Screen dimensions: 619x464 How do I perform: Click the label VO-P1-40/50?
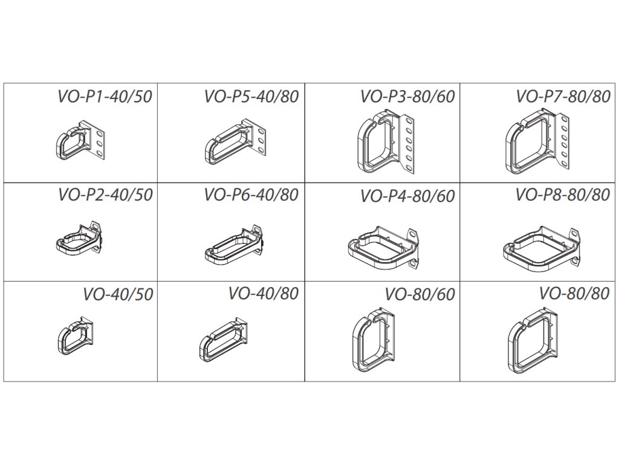pos(105,97)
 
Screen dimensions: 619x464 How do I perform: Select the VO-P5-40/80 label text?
pos(251,97)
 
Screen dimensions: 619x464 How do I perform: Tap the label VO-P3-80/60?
pos(407,97)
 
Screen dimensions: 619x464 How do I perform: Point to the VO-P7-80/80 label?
pos(563,97)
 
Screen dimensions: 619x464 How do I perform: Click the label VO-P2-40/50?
pos(105,195)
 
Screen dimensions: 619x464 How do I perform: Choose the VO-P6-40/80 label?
pos(251,195)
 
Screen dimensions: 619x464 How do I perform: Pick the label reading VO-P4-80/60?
pos(407,196)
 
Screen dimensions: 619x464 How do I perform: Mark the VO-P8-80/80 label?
pos(563,195)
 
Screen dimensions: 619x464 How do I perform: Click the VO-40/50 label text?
pos(118,294)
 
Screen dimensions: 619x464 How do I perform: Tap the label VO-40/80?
pos(264,294)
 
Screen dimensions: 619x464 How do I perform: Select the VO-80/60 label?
pos(420,294)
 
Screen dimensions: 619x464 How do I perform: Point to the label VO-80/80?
pos(575,294)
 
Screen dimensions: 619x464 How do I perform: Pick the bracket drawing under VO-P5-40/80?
pos(236,144)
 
